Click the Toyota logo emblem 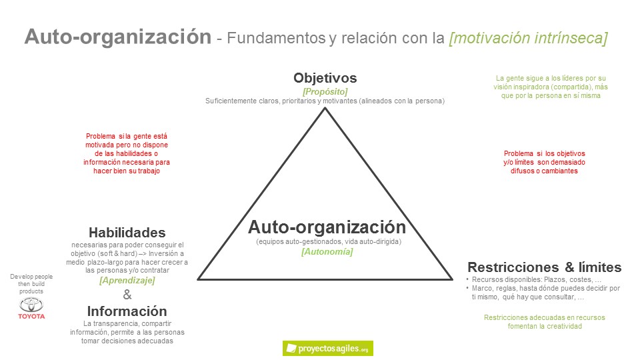tap(31, 305)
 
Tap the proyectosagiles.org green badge tap(327, 348)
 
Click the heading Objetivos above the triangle tap(325, 78)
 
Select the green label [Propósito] tap(325, 91)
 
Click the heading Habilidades tap(127, 233)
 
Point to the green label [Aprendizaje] tap(127, 281)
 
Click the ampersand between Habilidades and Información tap(127, 296)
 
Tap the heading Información tap(127, 311)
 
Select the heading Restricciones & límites tap(545, 267)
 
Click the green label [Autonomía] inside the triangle tap(327, 251)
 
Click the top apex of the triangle tap(325, 108)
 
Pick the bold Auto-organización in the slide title tap(117, 37)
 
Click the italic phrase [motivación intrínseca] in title tap(528, 38)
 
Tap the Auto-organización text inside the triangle tap(327, 226)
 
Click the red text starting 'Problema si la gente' tap(127, 153)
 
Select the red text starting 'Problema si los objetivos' tap(545, 162)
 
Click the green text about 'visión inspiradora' tap(550, 87)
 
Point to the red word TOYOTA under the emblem tap(31, 316)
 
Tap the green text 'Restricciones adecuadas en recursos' tap(545, 322)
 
